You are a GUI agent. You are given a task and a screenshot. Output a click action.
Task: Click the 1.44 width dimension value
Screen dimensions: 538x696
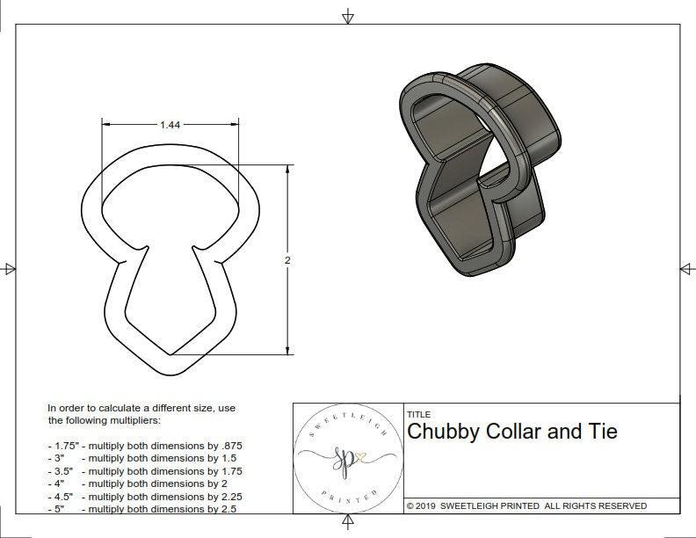coord(170,126)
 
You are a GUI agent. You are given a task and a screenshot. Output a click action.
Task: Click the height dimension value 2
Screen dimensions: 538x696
coord(287,260)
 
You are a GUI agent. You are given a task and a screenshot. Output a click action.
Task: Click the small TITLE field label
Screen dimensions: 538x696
coord(418,414)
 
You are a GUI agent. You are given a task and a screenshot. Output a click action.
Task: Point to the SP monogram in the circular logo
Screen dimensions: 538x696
coord(345,455)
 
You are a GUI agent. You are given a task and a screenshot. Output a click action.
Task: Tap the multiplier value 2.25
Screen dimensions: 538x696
coord(228,496)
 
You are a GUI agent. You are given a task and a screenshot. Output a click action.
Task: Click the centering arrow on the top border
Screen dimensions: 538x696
coord(348,16)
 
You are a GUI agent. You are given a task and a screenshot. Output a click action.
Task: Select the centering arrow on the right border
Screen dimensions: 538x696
coord(686,268)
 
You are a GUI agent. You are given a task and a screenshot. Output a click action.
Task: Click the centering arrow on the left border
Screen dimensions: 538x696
coord(10,268)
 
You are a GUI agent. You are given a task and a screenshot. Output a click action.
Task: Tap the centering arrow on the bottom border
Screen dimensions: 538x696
coord(348,524)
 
